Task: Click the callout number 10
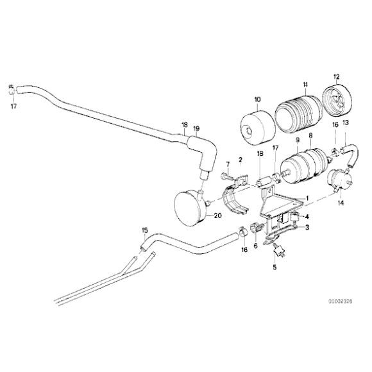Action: (x=257, y=99)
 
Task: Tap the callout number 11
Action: (x=306, y=85)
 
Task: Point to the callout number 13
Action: (x=346, y=140)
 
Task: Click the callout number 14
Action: (x=340, y=202)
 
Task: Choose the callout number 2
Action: (x=240, y=159)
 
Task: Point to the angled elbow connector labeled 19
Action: (x=207, y=157)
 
